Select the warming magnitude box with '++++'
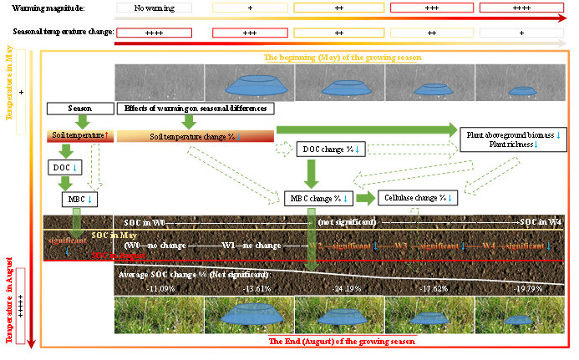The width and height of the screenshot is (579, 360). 522,7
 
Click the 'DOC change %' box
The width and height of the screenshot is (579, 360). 328,150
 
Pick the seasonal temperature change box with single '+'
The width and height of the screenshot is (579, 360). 522,32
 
